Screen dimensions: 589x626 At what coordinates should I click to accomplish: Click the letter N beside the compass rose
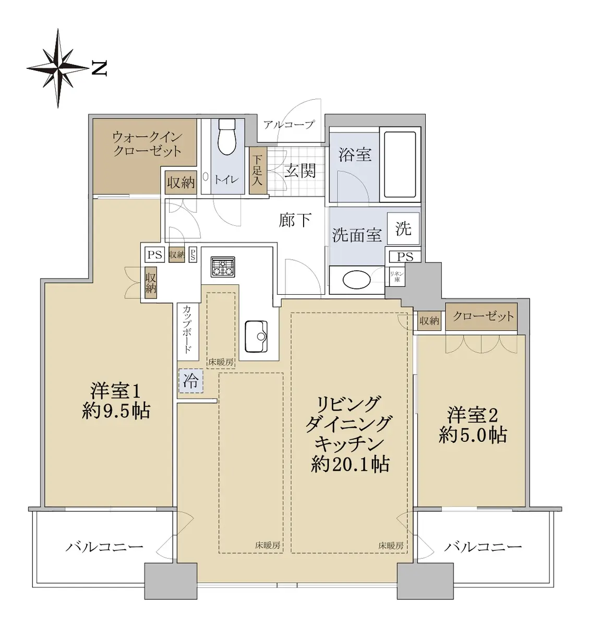(99, 68)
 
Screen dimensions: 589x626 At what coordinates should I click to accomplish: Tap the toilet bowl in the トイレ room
(227, 137)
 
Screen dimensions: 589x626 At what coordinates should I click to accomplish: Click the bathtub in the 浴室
(400, 164)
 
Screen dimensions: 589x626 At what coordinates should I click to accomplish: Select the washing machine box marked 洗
(403, 228)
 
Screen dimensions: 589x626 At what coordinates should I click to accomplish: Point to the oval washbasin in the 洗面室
(356, 279)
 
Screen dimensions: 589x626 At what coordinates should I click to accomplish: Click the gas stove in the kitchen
(223, 267)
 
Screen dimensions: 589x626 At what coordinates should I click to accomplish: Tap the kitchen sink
(256, 336)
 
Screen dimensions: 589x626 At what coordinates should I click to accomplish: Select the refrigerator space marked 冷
(191, 381)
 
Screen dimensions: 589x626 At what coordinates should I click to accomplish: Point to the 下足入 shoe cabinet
(257, 171)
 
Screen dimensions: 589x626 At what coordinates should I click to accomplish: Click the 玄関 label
(300, 172)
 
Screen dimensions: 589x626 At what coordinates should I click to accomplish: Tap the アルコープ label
(289, 125)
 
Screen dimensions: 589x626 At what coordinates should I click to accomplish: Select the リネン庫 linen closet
(397, 277)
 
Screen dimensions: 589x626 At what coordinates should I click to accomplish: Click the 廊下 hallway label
(295, 220)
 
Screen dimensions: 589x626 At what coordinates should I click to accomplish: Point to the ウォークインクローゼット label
(147, 145)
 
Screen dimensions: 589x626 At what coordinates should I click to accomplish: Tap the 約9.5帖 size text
(116, 411)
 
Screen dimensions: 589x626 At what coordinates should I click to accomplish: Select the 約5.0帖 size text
(473, 435)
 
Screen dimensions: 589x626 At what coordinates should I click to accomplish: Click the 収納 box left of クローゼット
(429, 321)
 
